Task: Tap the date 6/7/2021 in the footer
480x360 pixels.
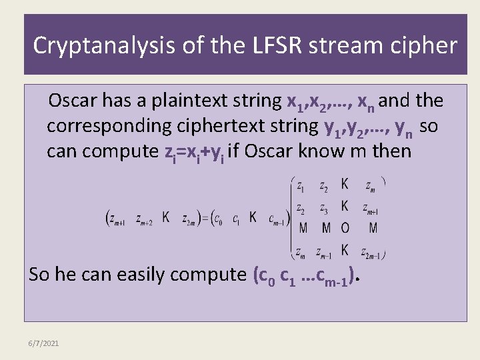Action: (x=44, y=343)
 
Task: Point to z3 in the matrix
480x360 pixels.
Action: (x=324, y=208)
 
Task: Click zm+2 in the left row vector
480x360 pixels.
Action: (x=145, y=218)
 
